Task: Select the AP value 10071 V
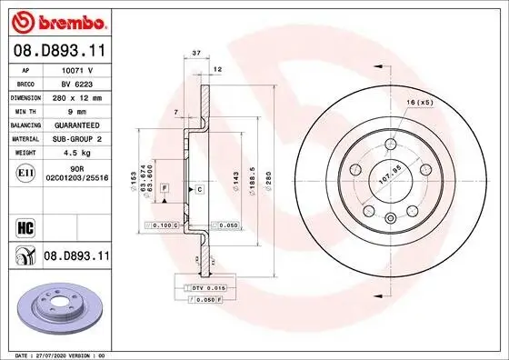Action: tap(77, 69)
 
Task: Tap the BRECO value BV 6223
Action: tap(77, 82)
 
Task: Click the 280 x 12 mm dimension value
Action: tap(77, 95)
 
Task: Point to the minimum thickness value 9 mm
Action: tap(77, 109)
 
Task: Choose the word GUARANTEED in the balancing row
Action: tap(77, 125)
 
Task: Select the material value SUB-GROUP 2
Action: tap(77, 139)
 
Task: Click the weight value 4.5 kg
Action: tap(77, 153)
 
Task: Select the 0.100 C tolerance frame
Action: tap(162, 224)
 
